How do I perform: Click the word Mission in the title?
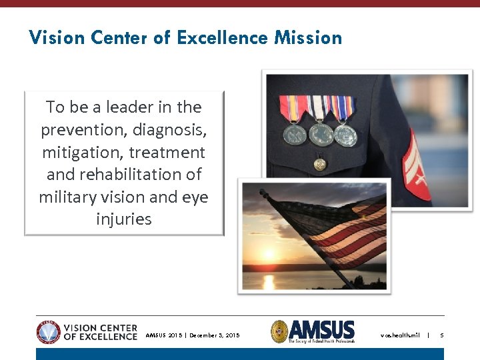307,38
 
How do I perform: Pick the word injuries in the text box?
123,219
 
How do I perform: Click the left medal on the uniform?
295,134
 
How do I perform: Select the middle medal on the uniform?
321,134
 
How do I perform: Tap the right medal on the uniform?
345,135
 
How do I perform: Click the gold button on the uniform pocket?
320,163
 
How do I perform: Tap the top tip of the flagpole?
262,192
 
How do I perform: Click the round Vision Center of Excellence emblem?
48,331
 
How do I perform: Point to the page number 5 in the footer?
441,335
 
